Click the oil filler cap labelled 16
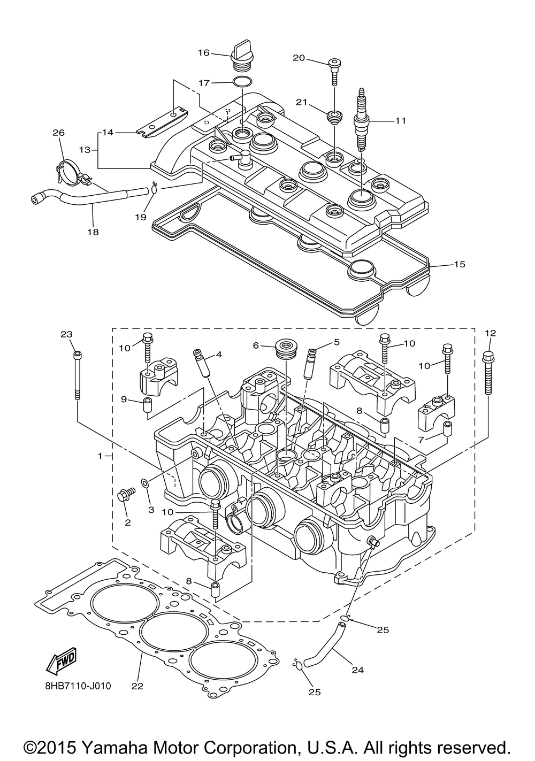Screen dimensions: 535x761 click(x=241, y=57)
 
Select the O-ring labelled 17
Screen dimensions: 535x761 click(x=243, y=82)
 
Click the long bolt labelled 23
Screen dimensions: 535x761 click(x=76, y=374)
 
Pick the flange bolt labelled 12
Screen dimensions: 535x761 click(x=488, y=373)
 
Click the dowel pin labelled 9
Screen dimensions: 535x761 click(x=147, y=403)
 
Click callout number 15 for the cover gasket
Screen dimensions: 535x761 click(x=460, y=264)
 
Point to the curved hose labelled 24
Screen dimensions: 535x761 click(x=324, y=641)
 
